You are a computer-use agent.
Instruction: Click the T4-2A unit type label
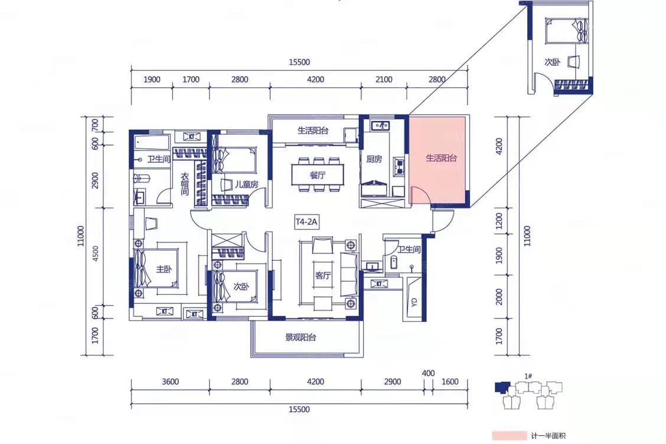[306, 222]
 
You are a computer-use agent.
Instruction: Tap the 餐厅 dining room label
[317, 175]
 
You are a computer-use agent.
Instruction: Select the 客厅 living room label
[323, 276]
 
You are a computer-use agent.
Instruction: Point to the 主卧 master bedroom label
[164, 269]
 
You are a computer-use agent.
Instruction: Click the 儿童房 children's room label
[246, 184]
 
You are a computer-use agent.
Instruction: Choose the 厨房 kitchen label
[374, 159]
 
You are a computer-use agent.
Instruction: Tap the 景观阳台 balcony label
[301, 338]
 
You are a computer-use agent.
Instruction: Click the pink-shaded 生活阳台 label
[441, 158]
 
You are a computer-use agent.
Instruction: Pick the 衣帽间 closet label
[185, 184]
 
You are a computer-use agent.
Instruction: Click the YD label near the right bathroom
[414, 302]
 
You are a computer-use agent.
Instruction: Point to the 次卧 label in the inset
[552, 62]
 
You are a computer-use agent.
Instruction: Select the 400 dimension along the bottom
[428, 373]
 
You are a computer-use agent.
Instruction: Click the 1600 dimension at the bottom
[450, 381]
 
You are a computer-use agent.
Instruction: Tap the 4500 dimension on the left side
[95, 254]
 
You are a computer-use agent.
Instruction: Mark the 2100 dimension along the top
[384, 80]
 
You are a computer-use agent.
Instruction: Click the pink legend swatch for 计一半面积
[509, 436]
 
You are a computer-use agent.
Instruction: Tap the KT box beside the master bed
[164, 311]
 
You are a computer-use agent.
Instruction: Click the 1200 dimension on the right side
[499, 221]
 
